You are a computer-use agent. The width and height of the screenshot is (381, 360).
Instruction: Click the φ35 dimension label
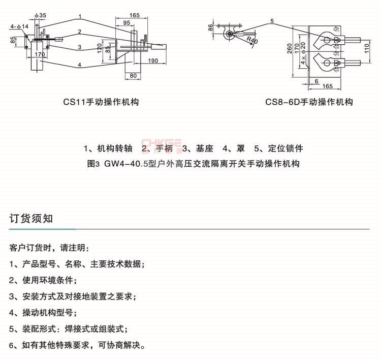click(x=41, y=16)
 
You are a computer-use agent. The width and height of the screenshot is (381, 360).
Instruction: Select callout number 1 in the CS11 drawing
click(x=80, y=17)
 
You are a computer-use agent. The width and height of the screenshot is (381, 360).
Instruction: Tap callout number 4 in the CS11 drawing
click(x=80, y=65)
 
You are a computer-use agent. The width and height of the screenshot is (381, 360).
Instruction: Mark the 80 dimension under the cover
click(x=134, y=76)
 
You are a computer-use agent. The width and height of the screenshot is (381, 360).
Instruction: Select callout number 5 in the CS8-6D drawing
click(x=272, y=21)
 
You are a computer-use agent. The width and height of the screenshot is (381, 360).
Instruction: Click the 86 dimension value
click(x=210, y=28)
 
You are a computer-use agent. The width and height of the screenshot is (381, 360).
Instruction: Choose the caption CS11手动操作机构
click(x=101, y=102)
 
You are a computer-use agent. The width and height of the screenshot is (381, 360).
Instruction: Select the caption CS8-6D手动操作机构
click(x=309, y=102)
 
